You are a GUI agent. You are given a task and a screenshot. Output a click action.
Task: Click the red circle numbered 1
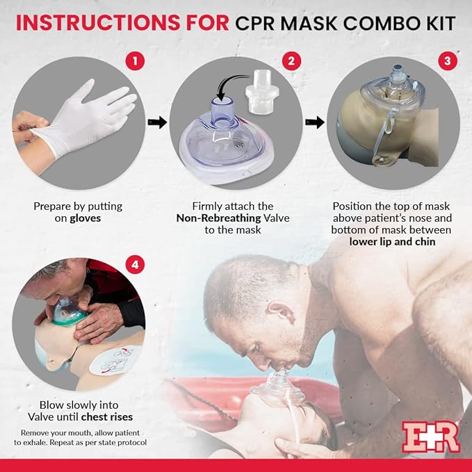[x=137, y=60]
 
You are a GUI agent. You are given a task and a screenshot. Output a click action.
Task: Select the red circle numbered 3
[x=446, y=60]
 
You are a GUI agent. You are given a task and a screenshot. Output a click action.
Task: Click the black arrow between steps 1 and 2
[x=159, y=122]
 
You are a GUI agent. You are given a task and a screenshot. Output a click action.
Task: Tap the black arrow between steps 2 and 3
[x=316, y=122]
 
